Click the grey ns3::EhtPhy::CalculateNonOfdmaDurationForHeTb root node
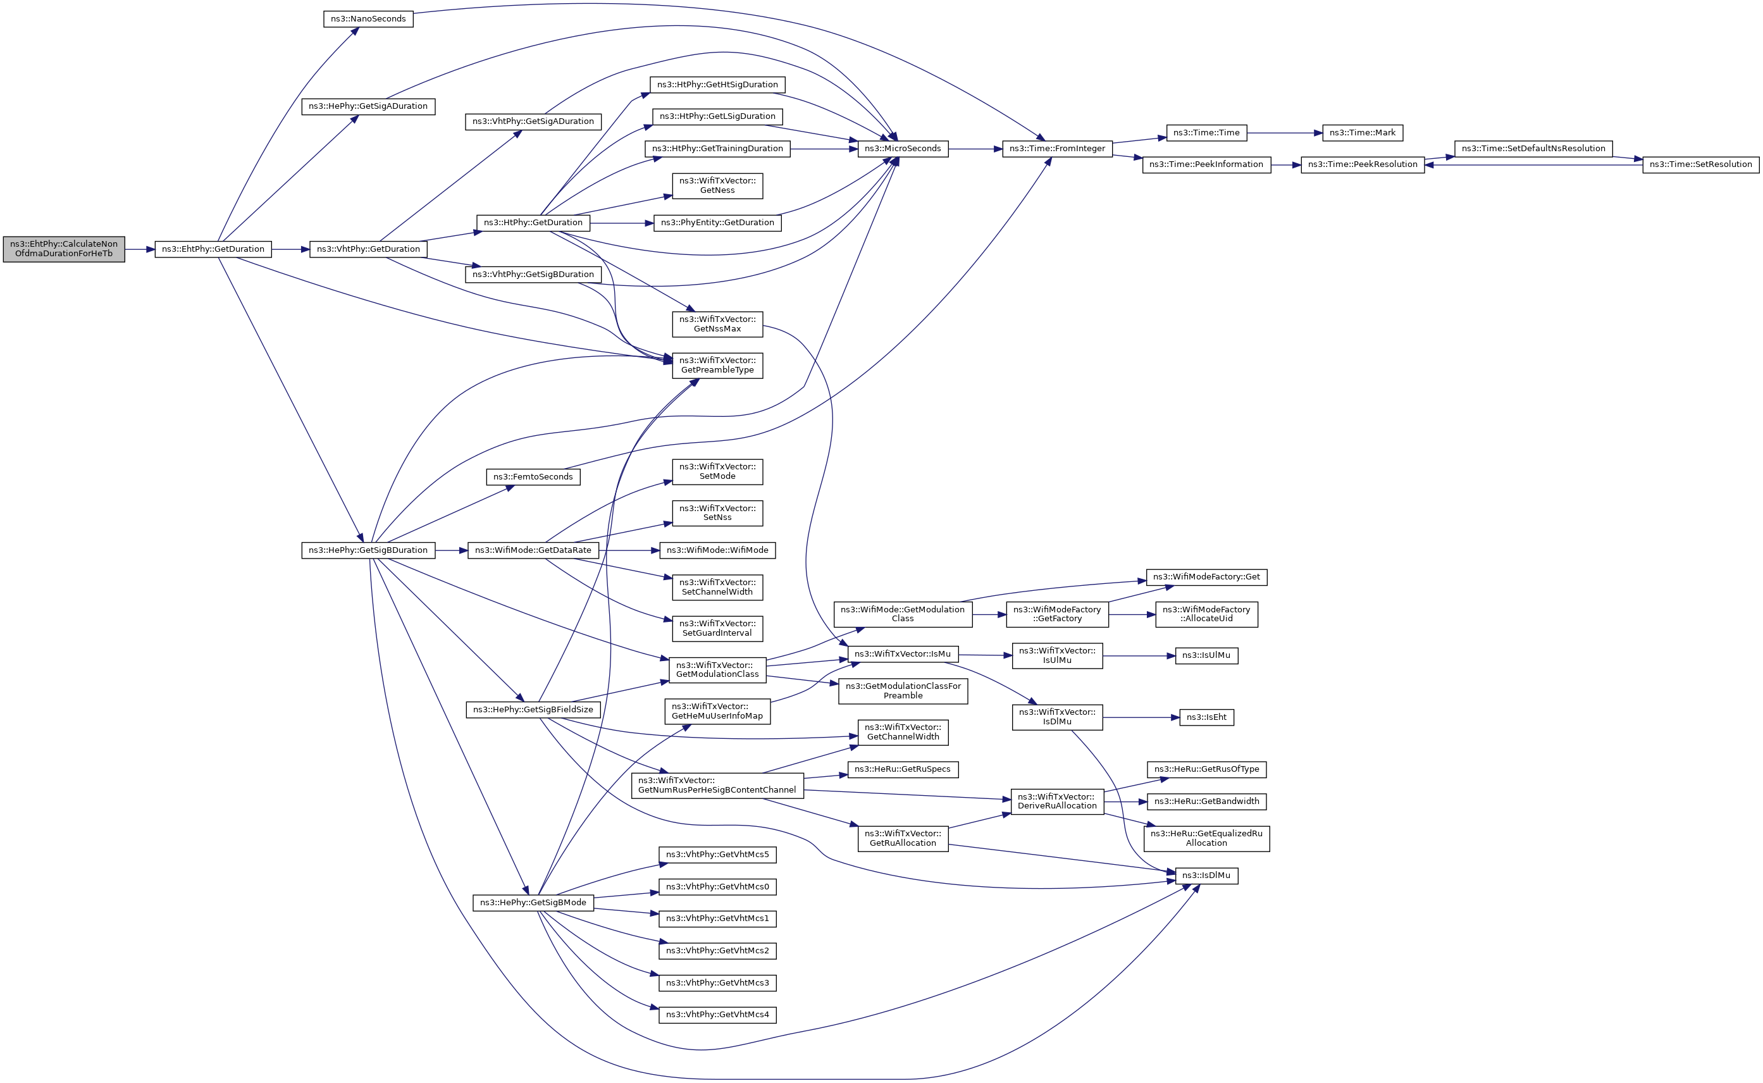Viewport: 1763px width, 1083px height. click(x=64, y=249)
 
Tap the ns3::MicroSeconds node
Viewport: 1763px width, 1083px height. click(x=902, y=149)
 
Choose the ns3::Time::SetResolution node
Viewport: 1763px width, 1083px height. click(x=1700, y=164)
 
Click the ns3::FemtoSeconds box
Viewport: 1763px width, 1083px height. click(x=533, y=477)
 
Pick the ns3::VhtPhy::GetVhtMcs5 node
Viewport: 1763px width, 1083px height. click(x=717, y=855)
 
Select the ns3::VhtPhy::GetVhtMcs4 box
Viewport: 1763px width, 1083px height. click(x=717, y=1015)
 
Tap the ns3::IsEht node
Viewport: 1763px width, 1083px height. click(x=1206, y=718)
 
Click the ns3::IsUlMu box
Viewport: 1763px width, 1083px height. click(x=1206, y=655)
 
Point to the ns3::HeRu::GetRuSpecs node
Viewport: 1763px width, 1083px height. click(x=902, y=769)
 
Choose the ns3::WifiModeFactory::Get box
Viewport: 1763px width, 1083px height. click(x=1206, y=578)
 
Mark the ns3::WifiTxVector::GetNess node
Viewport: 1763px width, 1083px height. click(x=717, y=185)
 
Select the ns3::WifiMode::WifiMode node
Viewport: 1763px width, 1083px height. click(x=717, y=551)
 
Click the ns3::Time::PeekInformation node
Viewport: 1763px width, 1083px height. click(x=1206, y=164)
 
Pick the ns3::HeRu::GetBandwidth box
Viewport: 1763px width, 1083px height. click(x=1206, y=801)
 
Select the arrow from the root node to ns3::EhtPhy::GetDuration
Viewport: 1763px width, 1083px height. click(x=140, y=249)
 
